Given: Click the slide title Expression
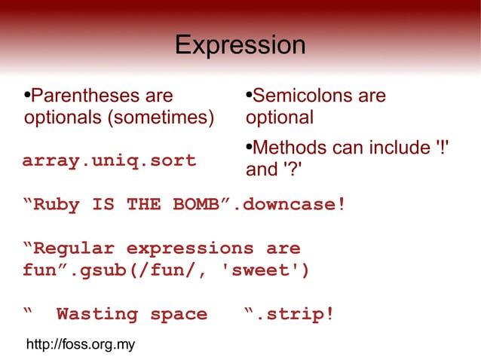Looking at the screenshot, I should coord(240,46).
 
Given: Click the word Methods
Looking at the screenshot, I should coord(290,148).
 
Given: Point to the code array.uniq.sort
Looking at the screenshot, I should coord(109,160).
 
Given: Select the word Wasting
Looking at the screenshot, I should coord(97,314).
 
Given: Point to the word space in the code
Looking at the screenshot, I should coord(179,314).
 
